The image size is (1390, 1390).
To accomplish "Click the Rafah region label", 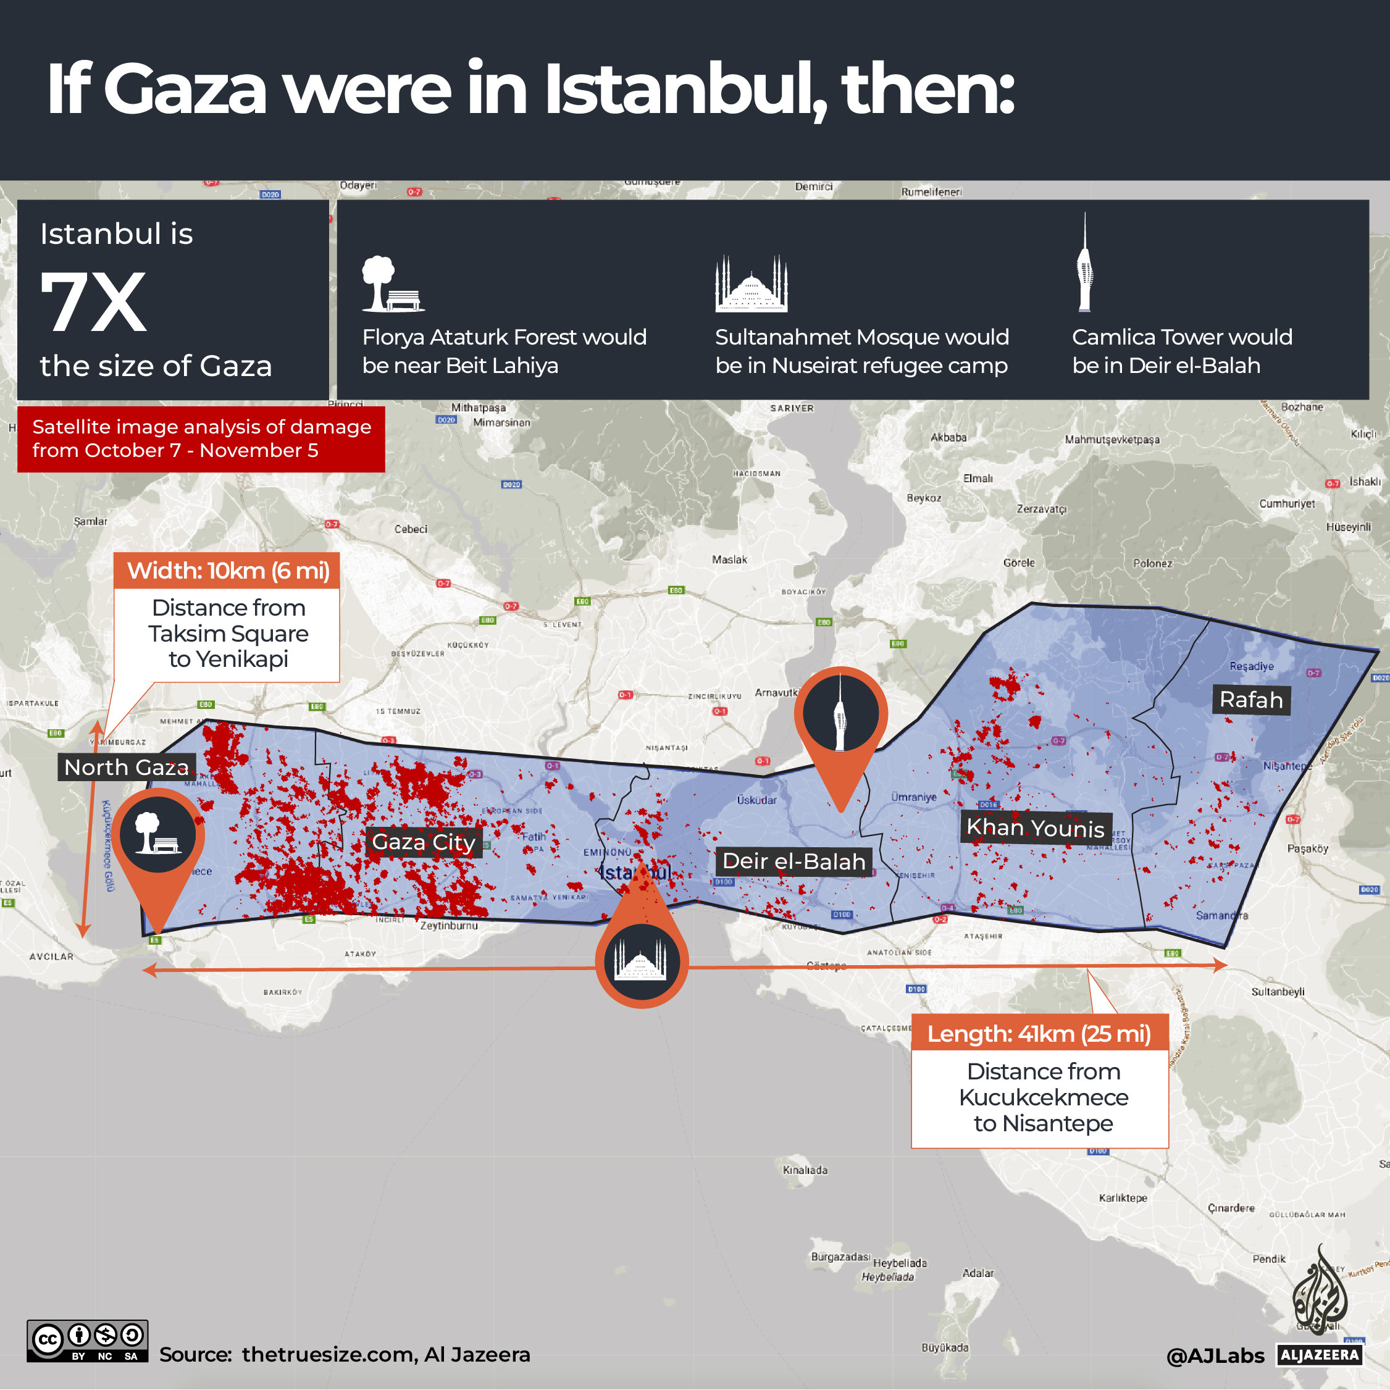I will pos(1251,699).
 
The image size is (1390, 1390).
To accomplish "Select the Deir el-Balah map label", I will pos(793,860).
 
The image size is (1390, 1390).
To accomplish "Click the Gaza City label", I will pos(423,841).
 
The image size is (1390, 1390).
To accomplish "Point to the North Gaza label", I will pos(126,767).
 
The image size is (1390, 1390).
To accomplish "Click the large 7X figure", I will pos(93,302).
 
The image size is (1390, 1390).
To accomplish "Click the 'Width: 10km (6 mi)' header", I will pos(227,571).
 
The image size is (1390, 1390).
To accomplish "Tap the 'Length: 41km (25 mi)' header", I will pos(1039,1033).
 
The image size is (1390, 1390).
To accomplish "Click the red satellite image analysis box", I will pos(201,438).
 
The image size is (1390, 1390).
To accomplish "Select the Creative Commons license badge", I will pos(87,1341).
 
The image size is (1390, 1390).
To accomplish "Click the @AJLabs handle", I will pos(1215,1355).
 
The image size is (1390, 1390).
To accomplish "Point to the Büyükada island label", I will pos(945,1347).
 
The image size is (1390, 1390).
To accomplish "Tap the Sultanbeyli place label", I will pos(1278,992).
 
